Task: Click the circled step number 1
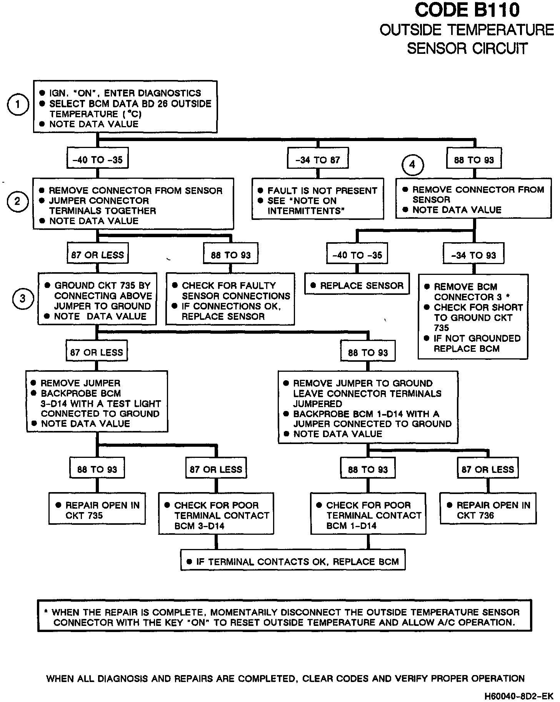tap(18, 104)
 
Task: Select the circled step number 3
tap(23, 298)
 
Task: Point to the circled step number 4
tap(412, 165)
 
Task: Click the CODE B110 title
tap(467, 10)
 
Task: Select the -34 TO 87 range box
tap(318, 160)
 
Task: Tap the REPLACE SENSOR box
tap(357, 286)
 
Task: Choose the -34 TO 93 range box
tap(473, 255)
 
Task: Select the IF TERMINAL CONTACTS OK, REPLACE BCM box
tap(293, 562)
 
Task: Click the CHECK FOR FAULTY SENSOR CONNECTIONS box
tap(230, 301)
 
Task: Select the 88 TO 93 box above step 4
tap(474, 160)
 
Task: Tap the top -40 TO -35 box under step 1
tap(97, 160)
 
